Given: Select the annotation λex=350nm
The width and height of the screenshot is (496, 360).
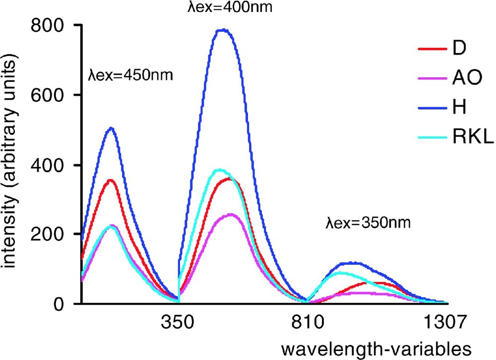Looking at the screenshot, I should point(369,223).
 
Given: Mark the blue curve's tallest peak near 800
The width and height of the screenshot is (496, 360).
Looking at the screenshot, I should point(223,30).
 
